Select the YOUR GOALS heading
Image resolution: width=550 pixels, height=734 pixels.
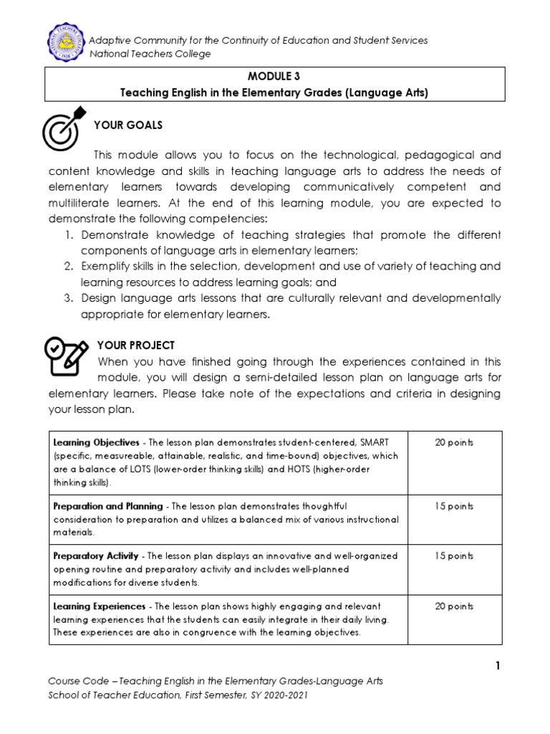[128, 125]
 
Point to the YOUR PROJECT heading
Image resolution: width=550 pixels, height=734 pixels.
[135, 345]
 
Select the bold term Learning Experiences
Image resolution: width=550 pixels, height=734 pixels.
[90, 606]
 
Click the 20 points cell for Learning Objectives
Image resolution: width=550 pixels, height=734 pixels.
[454, 442]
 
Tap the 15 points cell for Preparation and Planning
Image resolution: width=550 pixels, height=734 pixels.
[454, 506]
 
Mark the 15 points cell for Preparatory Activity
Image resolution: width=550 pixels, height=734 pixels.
[454, 556]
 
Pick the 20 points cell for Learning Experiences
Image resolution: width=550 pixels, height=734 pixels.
[454, 606]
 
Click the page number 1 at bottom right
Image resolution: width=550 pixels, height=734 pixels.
[498, 666]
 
